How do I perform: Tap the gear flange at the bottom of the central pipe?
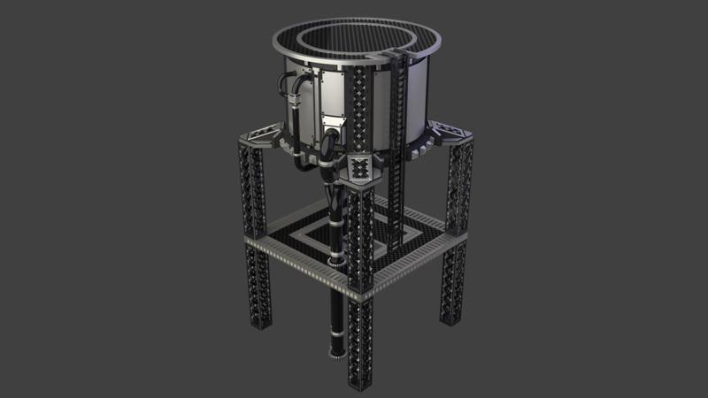pyautogui.click(x=338, y=356)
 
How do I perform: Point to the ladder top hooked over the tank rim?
pyautogui.click(x=399, y=58)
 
